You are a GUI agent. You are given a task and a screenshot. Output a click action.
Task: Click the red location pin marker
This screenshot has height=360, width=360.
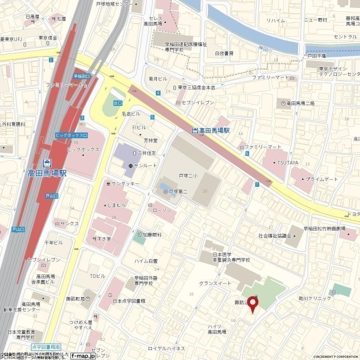pos(253,304)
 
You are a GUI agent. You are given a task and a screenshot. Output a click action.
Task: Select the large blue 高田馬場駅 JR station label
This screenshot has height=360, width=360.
pos(47,173)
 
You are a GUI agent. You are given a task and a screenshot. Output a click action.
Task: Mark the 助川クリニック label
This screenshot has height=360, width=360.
pos(315,298)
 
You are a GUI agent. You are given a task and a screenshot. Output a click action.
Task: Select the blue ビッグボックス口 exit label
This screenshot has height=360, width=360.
pos(71,136)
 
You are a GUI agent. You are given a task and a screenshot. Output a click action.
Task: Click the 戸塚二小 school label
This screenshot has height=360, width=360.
pos(188,175)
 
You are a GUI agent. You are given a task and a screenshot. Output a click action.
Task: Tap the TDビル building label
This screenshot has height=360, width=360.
pos(97,276)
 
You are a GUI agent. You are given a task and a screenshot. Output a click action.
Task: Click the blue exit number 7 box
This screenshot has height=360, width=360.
pos(257,184)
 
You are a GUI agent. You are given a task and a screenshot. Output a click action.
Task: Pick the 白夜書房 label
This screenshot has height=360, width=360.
pos(224,53)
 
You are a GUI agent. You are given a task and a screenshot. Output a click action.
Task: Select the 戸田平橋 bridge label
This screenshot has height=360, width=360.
pos(316,56)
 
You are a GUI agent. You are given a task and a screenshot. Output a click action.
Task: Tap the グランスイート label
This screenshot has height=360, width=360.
pos(215,283)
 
